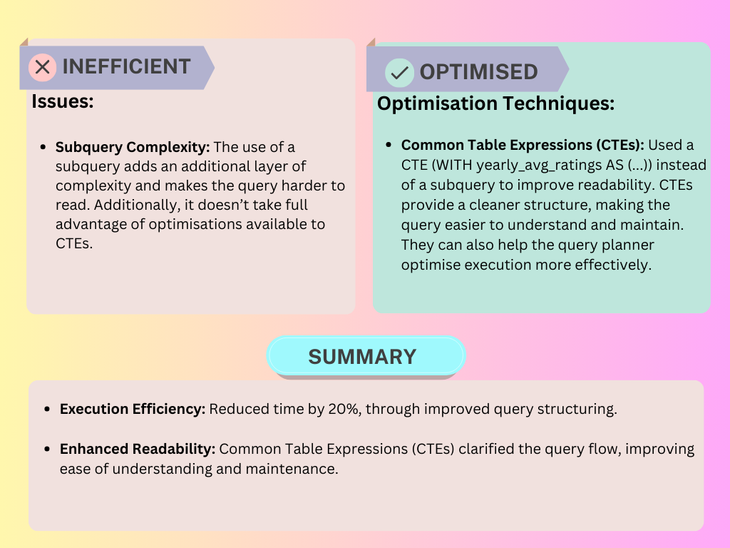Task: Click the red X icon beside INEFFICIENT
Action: point(43,67)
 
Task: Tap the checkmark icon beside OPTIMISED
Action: point(399,72)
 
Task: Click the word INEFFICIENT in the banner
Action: point(127,67)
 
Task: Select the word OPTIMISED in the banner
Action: point(478,72)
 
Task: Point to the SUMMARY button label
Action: point(362,356)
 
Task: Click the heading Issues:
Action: point(63,101)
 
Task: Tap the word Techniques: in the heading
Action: point(559,104)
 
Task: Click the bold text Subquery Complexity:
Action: point(133,148)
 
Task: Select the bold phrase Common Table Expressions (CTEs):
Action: point(523,145)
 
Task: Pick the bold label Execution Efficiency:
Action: point(133,410)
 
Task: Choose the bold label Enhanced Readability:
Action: point(138,450)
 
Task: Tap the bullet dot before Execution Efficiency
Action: point(47,410)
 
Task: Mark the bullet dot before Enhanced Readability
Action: point(47,450)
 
